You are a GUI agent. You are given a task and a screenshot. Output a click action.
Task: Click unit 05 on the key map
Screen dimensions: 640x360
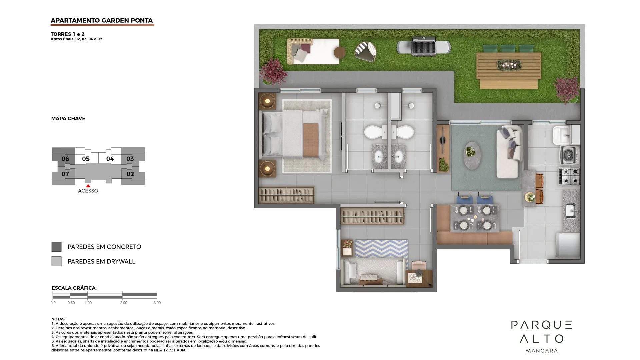click(x=86, y=159)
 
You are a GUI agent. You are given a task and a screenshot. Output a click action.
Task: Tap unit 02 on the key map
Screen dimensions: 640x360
click(x=130, y=174)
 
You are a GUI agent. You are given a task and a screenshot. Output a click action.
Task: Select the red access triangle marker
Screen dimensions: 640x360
click(x=88, y=186)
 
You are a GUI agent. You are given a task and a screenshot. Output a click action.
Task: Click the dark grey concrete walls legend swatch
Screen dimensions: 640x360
click(x=56, y=247)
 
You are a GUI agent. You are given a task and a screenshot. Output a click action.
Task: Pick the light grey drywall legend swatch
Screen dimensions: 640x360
click(x=56, y=261)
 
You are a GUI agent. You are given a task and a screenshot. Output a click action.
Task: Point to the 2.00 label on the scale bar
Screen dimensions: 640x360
click(x=124, y=303)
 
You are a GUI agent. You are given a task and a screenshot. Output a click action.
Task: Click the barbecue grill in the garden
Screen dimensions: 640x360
click(x=424, y=46)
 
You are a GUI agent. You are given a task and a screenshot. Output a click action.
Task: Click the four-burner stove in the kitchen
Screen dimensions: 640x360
click(x=569, y=176)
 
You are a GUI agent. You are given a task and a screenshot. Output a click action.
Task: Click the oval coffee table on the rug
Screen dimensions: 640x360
click(x=472, y=156)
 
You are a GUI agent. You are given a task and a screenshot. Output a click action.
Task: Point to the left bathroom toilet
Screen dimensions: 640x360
click(x=375, y=132)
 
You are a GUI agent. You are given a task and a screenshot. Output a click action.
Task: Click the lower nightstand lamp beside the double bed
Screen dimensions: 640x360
click(x=267, y=169)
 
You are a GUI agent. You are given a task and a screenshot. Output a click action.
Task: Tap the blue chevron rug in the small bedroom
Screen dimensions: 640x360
click(x=381, y=248)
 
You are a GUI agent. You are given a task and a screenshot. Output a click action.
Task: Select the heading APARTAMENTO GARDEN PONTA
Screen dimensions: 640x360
click(x=102, y=20)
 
